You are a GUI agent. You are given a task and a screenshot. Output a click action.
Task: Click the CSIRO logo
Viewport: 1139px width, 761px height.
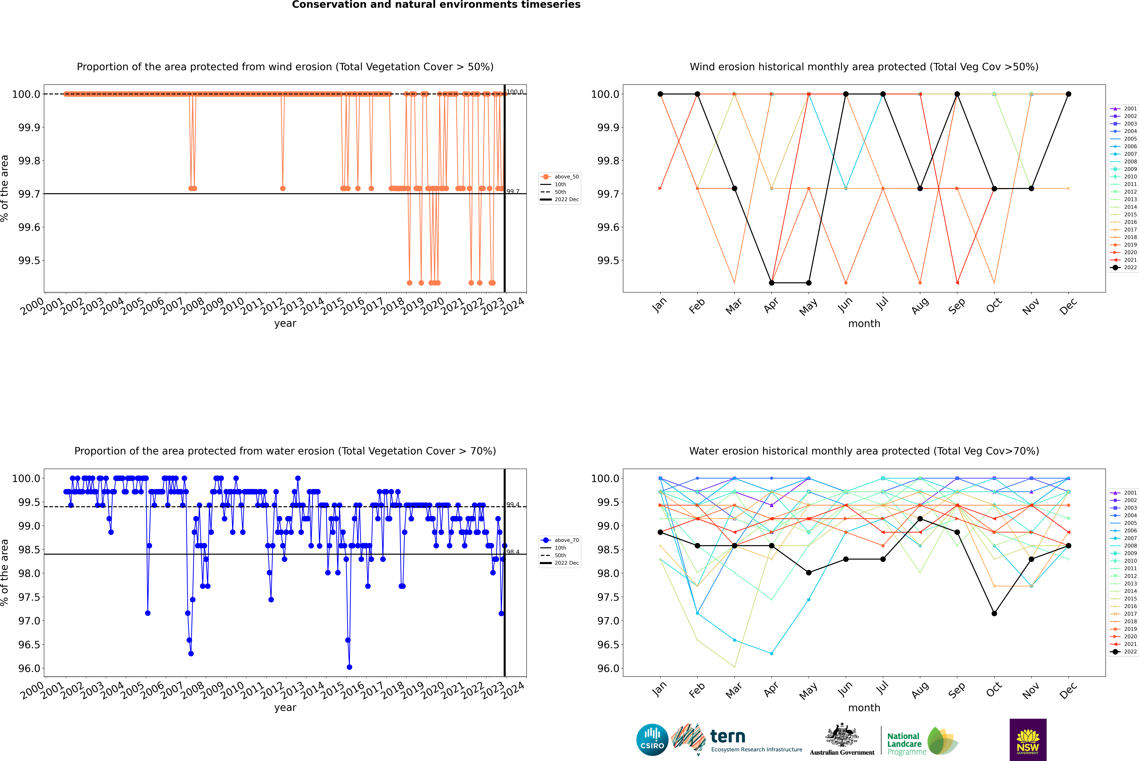(652, 740)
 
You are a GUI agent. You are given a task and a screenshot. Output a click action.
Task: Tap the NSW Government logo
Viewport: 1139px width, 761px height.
(1028, 740)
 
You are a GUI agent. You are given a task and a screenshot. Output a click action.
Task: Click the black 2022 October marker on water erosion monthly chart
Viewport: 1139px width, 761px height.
(994, 613)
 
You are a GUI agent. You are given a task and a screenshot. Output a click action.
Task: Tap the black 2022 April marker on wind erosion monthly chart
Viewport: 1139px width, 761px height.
(772, 283)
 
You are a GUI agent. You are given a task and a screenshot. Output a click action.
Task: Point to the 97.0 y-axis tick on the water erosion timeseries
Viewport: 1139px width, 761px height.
(29, 621)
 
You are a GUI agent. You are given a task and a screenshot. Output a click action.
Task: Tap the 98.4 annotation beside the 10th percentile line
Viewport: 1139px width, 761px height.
(513, 552)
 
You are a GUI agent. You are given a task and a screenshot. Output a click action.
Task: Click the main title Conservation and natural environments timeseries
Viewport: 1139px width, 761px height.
(436, 5)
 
